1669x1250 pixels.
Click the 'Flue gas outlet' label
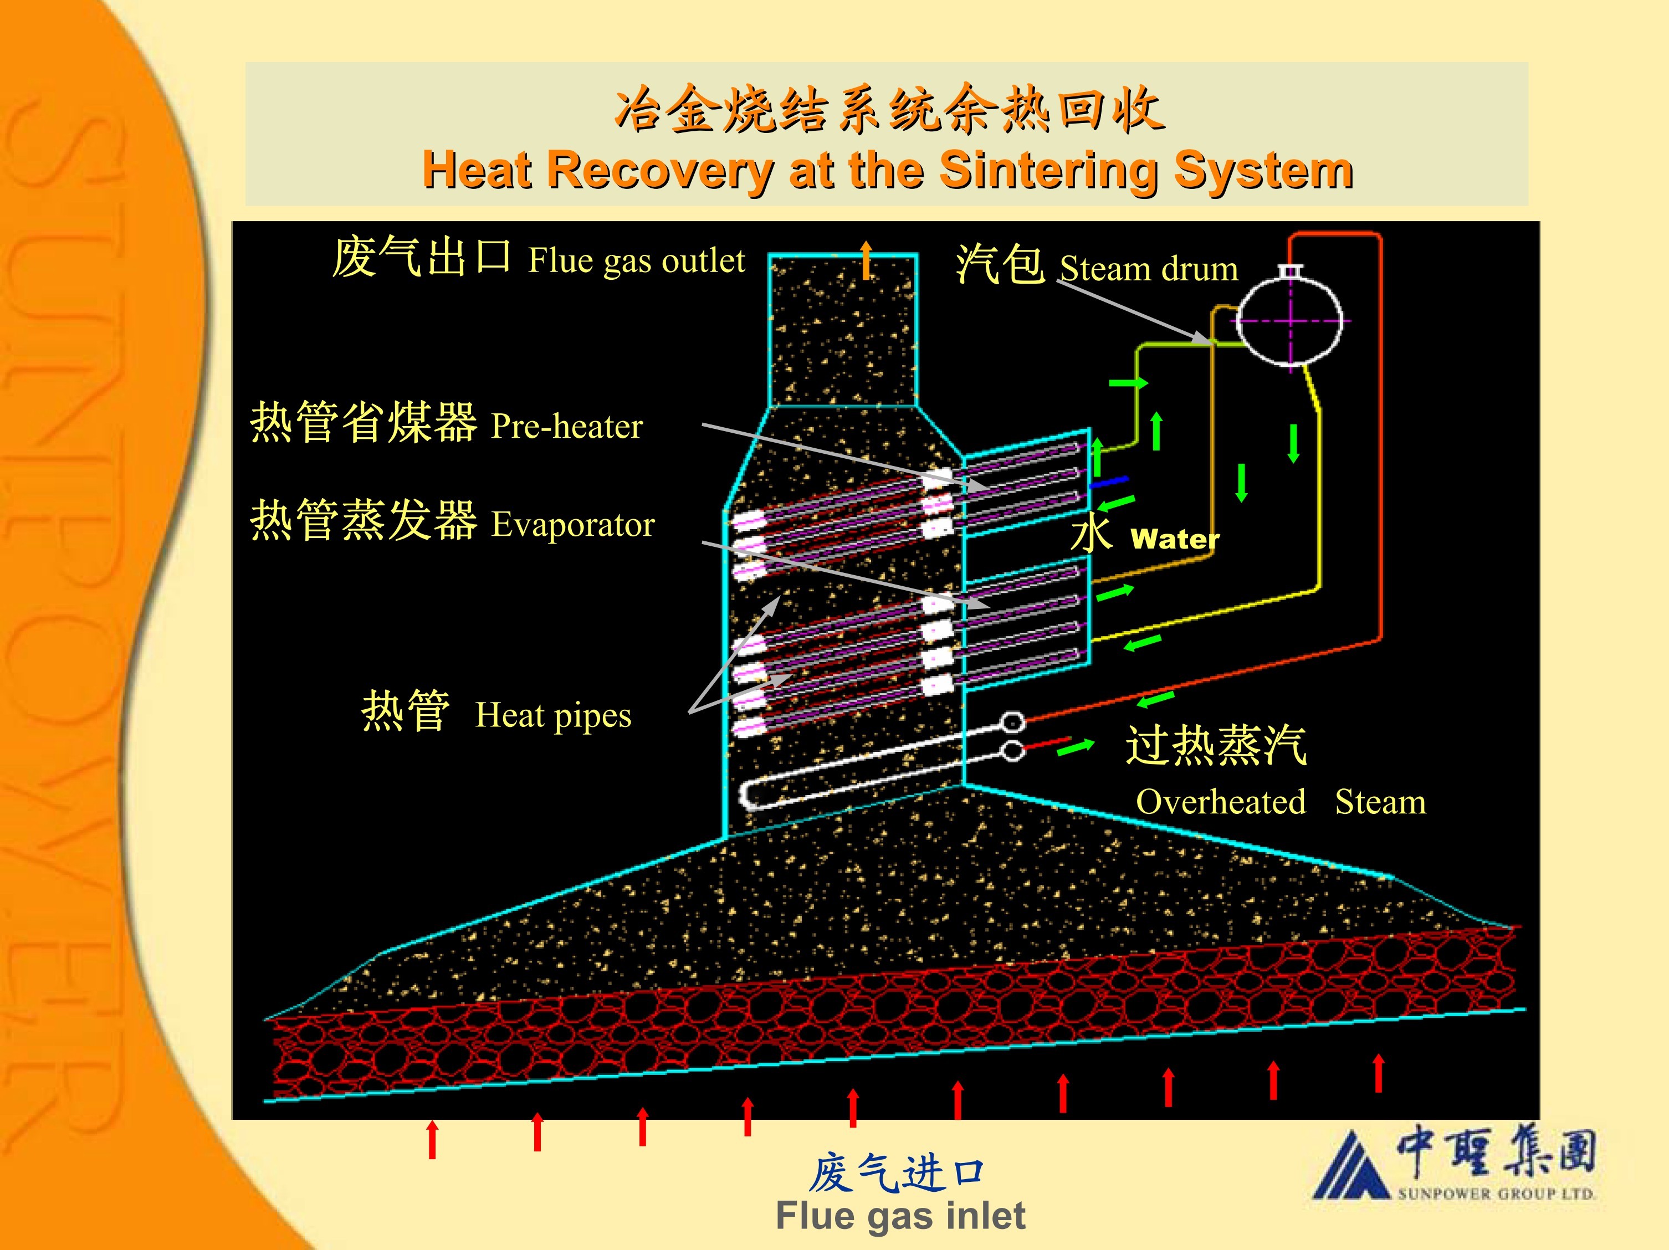tap(636, 260)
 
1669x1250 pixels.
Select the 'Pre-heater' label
tap(567, 426)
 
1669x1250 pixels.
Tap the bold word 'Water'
tap(1175, 539)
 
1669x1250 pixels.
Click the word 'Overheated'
tap(1221, 801)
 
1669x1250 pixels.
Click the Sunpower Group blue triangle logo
tap(1350, 1166)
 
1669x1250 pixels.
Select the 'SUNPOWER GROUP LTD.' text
tap(1496, 1193)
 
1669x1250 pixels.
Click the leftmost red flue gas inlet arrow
tap(432, 1139)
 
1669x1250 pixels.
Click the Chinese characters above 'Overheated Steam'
tap(1216, 745)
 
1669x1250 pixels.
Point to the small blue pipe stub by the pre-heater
tap(1109, 481)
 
